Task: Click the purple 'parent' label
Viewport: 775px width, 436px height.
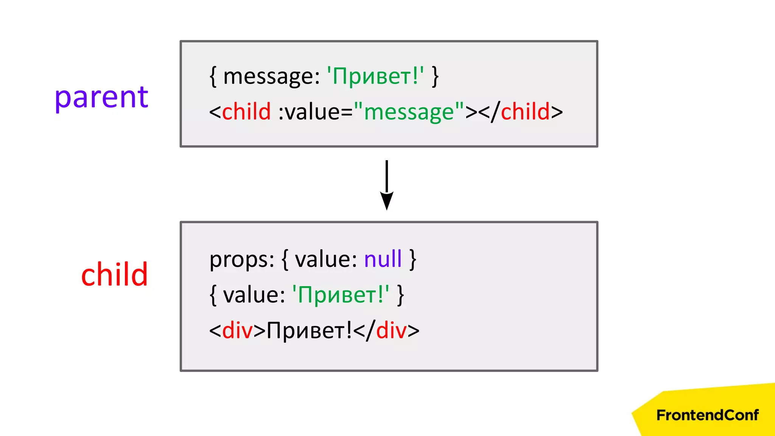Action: coord(101,98)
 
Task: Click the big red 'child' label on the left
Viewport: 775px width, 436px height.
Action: coord(114,274)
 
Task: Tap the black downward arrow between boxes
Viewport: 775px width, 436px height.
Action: coord(386,185)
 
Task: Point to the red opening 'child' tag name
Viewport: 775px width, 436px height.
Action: coord(246,112)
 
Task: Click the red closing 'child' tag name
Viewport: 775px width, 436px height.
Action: coord(525,112)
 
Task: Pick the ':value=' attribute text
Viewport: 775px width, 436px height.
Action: coord(315,112)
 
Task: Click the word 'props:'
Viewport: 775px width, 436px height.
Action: coord(242,260)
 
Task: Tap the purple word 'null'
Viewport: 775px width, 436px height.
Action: coord(383,259)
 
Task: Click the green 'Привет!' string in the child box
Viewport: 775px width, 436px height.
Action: coord(341,294)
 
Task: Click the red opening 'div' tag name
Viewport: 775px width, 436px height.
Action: coord(237,330)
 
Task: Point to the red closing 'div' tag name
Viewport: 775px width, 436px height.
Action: coord(391,330)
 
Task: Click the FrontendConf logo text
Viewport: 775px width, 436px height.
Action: coord(707,415)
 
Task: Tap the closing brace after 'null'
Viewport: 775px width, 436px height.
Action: coord(413,260)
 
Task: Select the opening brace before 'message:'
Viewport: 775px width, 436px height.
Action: coord(213,77)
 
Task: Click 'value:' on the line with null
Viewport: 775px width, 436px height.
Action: coord(326,260)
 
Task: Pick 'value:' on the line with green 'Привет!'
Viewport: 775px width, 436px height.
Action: coord(254,295)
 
